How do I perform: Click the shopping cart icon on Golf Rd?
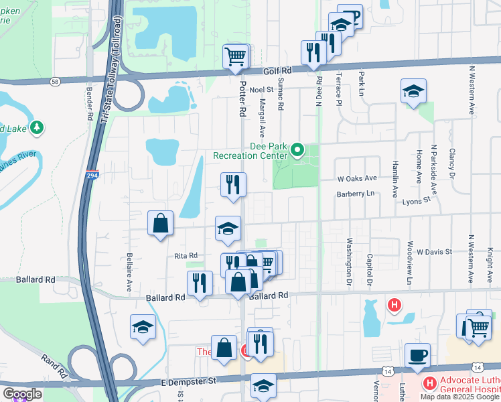[x=236, y=58]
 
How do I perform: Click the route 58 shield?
[x=55, y=81]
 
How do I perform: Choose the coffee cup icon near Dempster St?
[x=417, y=356]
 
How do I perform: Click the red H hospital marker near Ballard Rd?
[x=395, y=306]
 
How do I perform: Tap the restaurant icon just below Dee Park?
[x=233, y=186]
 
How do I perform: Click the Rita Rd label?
[x=186, y=255]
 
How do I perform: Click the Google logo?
[x=21, y=394]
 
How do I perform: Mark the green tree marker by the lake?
[x=38, y=127]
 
